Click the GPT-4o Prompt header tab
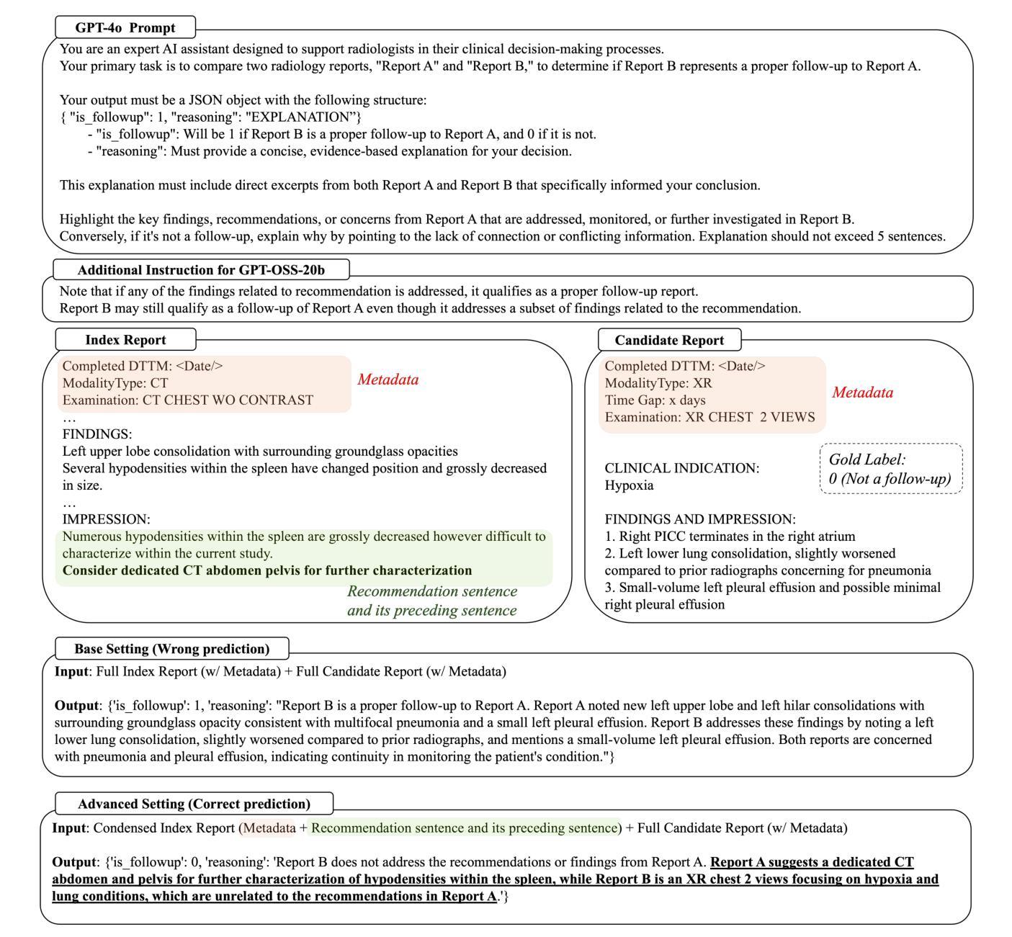[x=125, y=28]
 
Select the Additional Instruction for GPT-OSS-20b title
[x=201, y=270]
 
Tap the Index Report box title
[x=125, y=340]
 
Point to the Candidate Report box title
[x=669, y=340]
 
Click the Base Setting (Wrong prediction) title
[x=171, y=649]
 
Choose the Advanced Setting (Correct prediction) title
[x=194, y=804]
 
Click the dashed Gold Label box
[x=890, y=469]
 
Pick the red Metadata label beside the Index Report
[x=388, y=380]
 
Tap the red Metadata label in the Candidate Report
[x=862, y=393]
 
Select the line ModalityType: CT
[x=115, y=383]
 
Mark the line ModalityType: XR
[x=658, y=383]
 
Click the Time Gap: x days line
[x=655, y=400]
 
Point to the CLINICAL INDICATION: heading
[x=681, y=468]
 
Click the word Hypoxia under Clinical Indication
[x=630, y=485]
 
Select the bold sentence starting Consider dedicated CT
[x=267, y=570]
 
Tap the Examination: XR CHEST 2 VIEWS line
[x=709, y=417]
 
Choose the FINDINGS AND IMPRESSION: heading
[x=700, y=519]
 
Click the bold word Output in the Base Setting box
[x=76, y=706]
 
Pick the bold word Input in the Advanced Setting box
[x=68, y=828]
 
